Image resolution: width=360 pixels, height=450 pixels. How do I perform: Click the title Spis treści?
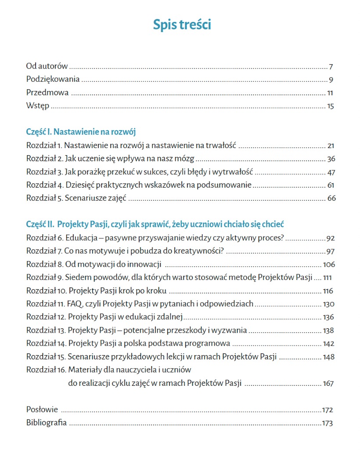point(182,25)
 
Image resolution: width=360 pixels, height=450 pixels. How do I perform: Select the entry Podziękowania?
point(53,80)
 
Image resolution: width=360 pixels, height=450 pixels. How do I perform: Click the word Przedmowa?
point(47,93)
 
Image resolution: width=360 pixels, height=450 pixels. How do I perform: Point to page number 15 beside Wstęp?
point(331,106)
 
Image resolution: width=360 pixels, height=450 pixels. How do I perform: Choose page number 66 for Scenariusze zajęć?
point(331,198)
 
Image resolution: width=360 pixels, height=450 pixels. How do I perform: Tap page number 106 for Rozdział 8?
point(328,265)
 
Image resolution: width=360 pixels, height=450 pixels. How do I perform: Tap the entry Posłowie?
point(42,410)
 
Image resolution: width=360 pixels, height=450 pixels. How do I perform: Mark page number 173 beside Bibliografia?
point(327,423)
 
